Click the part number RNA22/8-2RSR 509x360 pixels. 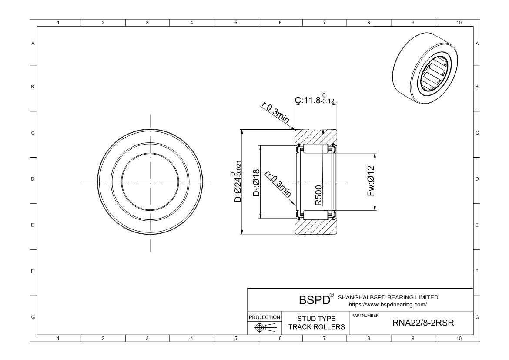point(423,323)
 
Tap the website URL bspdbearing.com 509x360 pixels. point(388,305)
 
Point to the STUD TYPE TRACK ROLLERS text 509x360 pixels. point(317,323)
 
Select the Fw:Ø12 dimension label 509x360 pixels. point(371,181)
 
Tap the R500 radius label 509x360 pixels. point(318,195)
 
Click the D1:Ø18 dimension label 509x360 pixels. point(256,183)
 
